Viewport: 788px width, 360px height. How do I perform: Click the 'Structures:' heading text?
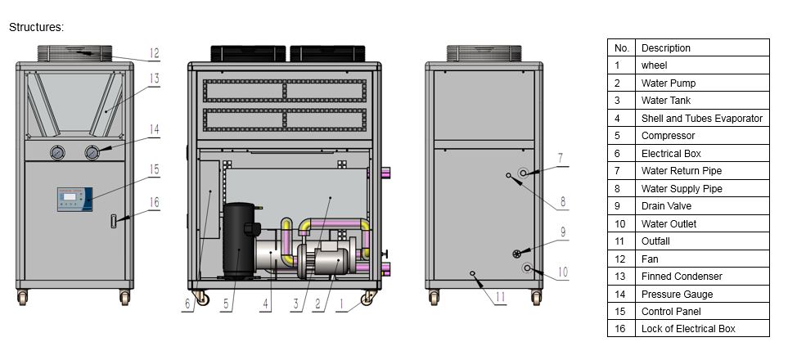click(36, 27)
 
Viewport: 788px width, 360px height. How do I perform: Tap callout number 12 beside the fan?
click(154, 54)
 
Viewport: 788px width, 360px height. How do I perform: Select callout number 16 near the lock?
click(155, 202)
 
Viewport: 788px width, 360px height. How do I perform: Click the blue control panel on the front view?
click(74, 199)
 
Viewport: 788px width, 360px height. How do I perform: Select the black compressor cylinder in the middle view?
click(239, 241)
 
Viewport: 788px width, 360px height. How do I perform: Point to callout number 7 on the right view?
click(561, 157)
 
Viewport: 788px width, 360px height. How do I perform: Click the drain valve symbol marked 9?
click(517, 252)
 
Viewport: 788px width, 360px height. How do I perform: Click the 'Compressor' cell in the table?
click(668, 136)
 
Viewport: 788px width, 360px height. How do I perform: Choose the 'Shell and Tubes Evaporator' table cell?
click(701, 119)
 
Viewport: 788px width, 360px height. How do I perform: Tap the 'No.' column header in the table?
click(621, 48)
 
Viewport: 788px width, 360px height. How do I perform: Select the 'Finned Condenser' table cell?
click(682, 277)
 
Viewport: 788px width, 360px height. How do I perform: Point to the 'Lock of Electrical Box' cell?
click(687, 329)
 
